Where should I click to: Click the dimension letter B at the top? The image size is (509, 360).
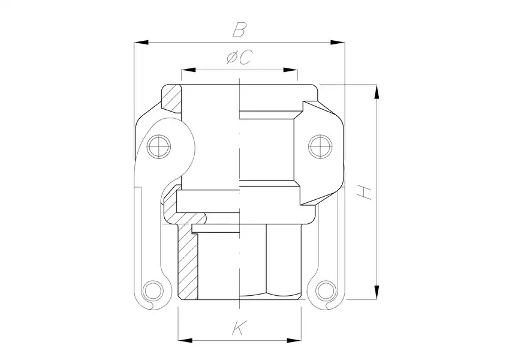[x=240, y=29]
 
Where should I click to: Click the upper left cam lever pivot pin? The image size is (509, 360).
[x=159, y=145]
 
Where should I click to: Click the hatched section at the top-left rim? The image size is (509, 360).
[x=173, y=98]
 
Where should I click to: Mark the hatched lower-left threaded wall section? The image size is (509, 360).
[x=187, y=264]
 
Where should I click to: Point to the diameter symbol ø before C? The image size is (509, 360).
[x=233, y=58]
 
